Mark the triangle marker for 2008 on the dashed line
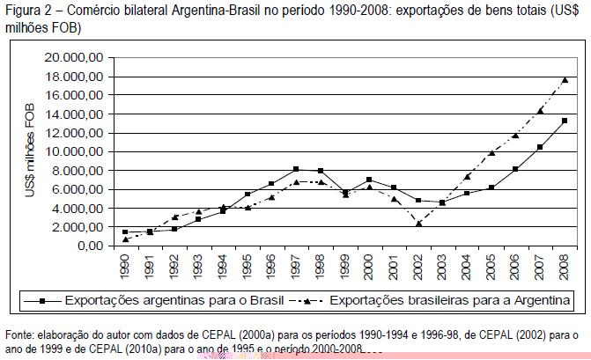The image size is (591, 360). click(x=565, y=80)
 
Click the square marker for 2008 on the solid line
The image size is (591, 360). click(x=565, y=121)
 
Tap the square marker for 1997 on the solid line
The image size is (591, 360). click(x=296, y=169)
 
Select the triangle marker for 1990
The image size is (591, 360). click(x=125, y=239)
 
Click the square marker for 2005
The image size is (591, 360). click(x=491, y=187)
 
